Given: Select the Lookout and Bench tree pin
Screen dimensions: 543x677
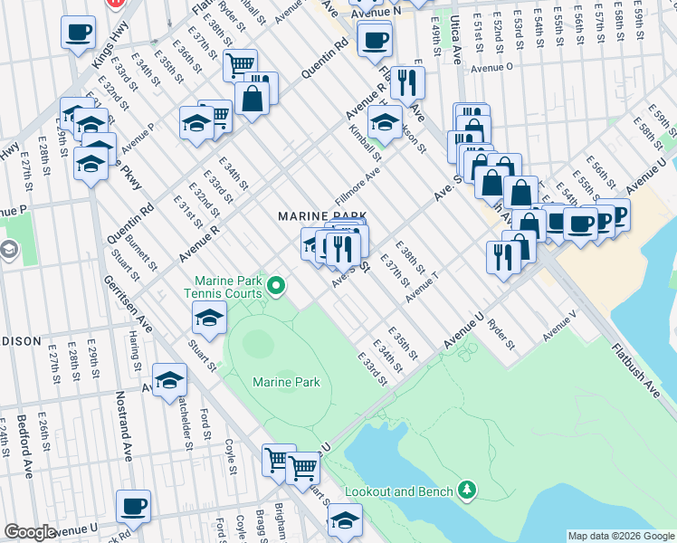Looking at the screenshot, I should pyautogui.click(x=467, y=490).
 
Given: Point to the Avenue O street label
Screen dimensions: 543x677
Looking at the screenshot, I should pyautogui.click(x=491, y=67).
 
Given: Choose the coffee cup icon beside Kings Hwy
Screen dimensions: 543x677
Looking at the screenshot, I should pyautogui.click(x=78, y=33).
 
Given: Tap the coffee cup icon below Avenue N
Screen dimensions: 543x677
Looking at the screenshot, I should pyautogui.click(x=374, y=39).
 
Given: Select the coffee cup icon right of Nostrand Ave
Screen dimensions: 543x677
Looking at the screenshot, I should pyautogui.click(x=134, y=505).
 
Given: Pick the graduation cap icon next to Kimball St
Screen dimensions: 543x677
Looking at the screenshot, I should pyautogui.click(x=385, y=121).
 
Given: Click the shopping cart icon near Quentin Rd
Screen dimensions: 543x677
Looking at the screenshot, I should pyautogui.click(x=240, y=64).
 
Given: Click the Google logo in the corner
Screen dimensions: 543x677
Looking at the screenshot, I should pyautogui.click(x=30, y=531).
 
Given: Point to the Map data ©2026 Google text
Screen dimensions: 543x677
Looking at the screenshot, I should pyautogui.click(x=620, y=536).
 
